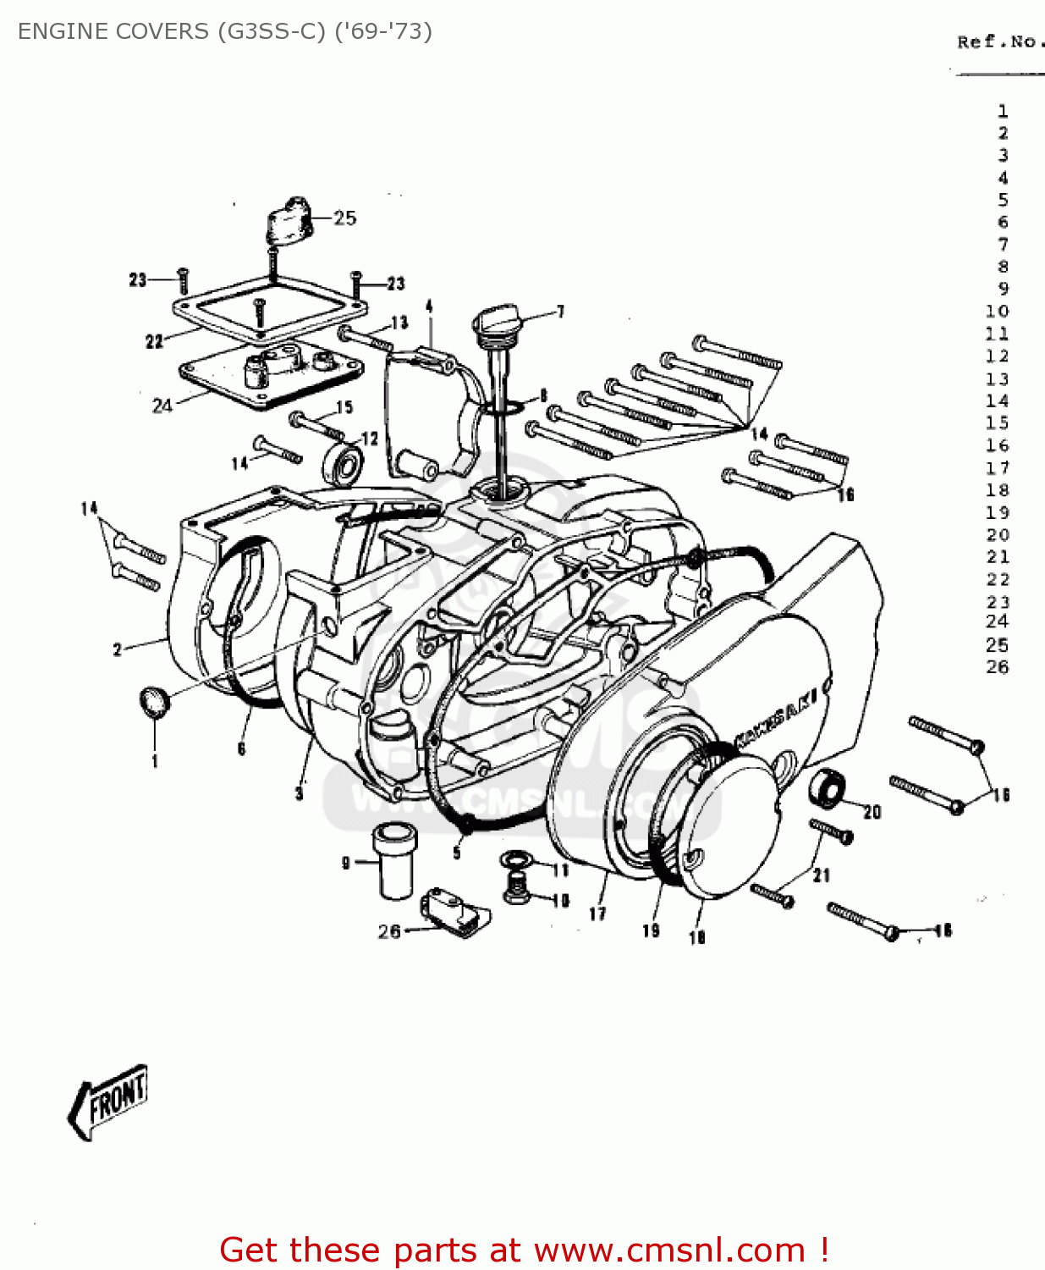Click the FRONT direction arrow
(x=107, y=1101)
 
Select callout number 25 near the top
(x=344, y=218)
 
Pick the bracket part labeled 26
(x=455, y=913)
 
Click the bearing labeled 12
(x=343, y=464)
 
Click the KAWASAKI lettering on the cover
(x=776, y=717)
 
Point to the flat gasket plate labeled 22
(x=269, y=308)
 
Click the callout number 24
(x=162, y=406)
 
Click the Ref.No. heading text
(x=998, y=41)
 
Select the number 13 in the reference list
(x=997, y=378)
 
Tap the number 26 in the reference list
(x=997, y=667)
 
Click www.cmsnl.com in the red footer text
(x=669, y=1251)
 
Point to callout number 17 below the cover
(x=597, y=914)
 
